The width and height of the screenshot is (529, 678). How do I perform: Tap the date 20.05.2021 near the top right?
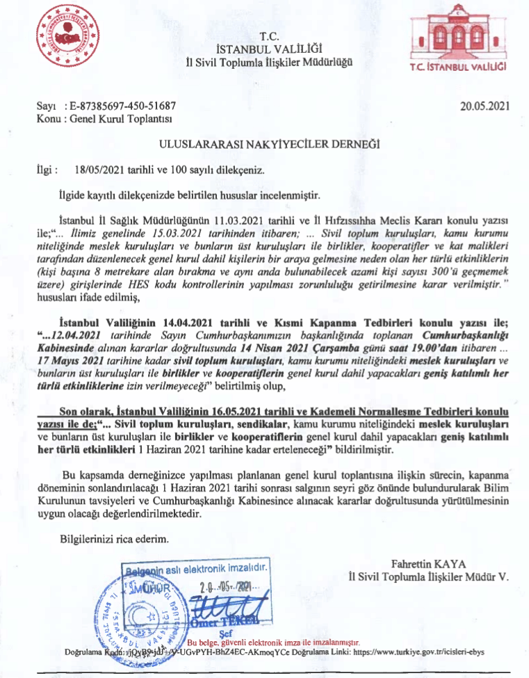click(x=485, y=106)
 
